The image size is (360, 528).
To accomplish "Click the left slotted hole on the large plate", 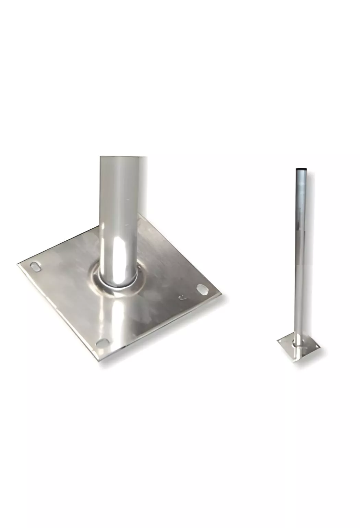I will (x=35, y=266).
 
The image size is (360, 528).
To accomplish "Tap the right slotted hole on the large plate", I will (x=203, y=290).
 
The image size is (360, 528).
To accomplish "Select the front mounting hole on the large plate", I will (x=101, y=342).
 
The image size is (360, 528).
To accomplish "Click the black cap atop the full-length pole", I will (x=301, y=169).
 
